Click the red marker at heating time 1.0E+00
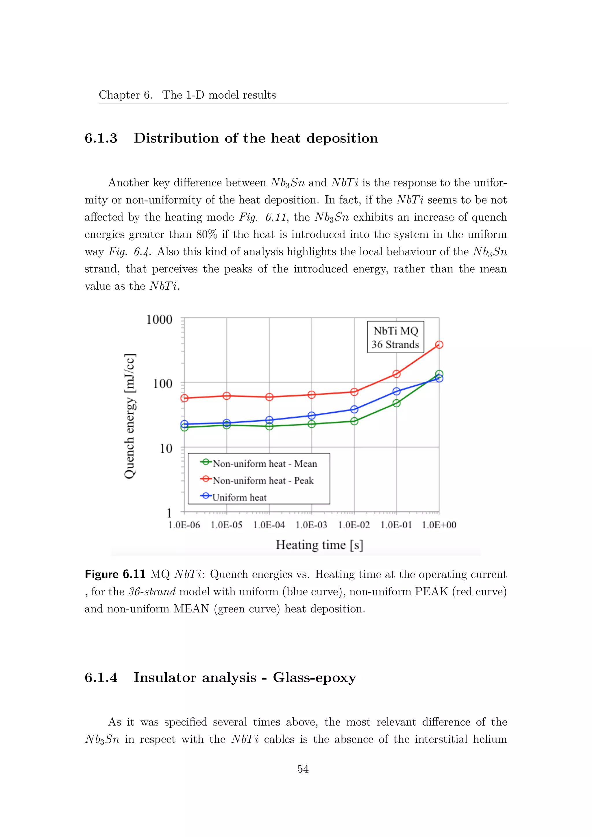pos(439,345)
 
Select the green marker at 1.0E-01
pos(397,403)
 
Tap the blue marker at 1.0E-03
pos(312,416)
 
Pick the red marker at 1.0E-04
pos(269,397)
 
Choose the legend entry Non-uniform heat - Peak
pos(257,480)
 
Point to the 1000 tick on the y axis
pos(159,320)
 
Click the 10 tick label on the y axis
pos(166,448)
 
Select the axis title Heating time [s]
pos(319,545)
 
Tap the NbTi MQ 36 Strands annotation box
pos(395,337)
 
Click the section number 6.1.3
pos(101,138)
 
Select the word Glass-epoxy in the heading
pos(314,677)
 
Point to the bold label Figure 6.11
pos(115,574)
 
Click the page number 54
pos(303,769)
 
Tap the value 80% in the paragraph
pos(207,234)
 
